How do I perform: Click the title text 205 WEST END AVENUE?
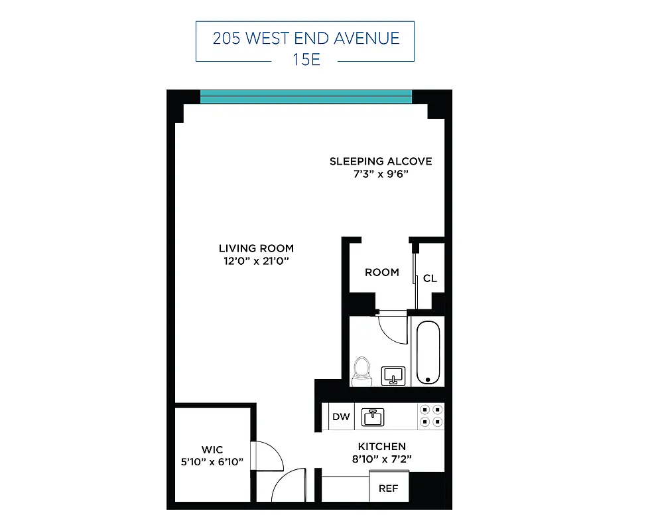click(306, 37)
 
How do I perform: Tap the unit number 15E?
click(306, 59)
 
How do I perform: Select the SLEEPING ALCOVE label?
click(381, 161)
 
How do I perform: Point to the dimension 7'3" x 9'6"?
click(381, 175)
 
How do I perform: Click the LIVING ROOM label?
click(256, 249)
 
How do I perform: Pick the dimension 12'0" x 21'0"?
click(256, 262)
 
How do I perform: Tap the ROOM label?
click(382, 272)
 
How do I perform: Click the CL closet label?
click(430, 278)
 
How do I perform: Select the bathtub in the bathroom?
click(428, 352)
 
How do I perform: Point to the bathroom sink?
click(394, 376)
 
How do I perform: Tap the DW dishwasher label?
click(341, 417)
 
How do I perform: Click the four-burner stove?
click(430, 416)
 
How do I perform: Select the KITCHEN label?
click(381, 447)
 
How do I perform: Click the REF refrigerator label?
click(388, 489)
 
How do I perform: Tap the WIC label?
click(213, 450)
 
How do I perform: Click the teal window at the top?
click(306, 97)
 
